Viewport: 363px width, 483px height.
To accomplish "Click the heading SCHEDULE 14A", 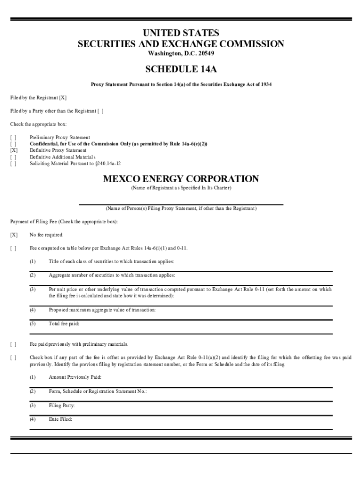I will coord(181,69).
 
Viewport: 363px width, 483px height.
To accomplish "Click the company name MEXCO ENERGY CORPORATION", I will coord(181,179).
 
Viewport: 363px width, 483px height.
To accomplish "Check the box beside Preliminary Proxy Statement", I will coord(13,137).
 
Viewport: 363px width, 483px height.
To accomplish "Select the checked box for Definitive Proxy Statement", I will coord(13,150).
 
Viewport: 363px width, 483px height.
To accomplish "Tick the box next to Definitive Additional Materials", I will coord(13,157).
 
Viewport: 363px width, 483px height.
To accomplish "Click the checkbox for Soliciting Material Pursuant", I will coord(13,164).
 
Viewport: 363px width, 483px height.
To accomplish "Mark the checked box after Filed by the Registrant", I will coord(63,98).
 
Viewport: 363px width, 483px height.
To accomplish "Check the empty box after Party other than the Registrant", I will coord(100,111).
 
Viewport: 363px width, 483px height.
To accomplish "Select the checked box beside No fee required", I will coord(14,235).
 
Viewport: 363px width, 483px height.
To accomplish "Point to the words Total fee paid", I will coord(64,324).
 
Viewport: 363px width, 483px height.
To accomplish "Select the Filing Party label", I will coord(62,405).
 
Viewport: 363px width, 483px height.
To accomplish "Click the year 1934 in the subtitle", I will coord(265,84).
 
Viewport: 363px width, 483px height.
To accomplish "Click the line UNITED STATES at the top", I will coord(181,33).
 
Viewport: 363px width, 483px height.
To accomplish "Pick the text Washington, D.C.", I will coord(168,53).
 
